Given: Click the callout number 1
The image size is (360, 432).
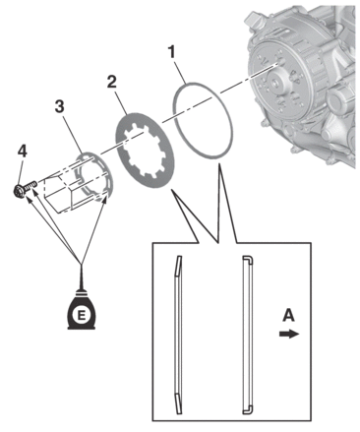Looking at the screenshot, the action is [171, 52].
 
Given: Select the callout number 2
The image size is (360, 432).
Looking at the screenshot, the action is [112, 82].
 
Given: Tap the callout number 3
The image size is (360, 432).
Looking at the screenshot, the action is [59, 106].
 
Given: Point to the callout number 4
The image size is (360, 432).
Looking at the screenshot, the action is [23, 152].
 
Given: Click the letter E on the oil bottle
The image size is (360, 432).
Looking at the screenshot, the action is [81, 315].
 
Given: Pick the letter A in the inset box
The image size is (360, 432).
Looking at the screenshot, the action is [288, 316].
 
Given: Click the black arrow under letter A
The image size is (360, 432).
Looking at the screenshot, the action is [289, 334].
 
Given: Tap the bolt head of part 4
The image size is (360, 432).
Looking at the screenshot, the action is [19, 191].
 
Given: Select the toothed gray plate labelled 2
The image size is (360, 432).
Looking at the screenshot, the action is [145, 151].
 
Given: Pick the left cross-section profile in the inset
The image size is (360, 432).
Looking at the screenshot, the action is [178, 335].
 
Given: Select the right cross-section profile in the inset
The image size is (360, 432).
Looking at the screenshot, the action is [247, 335].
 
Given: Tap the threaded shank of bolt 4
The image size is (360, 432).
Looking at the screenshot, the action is [30, 186].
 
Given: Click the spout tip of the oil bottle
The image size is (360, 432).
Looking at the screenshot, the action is [81, 268].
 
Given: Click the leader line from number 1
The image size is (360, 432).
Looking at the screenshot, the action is [181, 72].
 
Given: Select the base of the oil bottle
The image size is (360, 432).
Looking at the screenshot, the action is [81, 326].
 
